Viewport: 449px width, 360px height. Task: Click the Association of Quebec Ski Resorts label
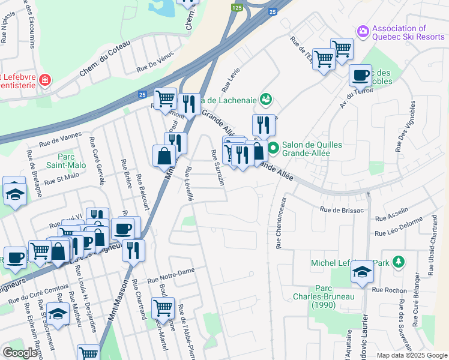(408, 32)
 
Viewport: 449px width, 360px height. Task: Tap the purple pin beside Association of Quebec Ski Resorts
(362, 31)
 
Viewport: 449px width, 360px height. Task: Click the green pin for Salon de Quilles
(273, 147)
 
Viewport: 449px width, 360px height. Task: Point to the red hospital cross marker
(44, 80)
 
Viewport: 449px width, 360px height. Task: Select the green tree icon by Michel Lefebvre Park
(398, 262)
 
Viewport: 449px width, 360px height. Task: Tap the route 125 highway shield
(237, 7)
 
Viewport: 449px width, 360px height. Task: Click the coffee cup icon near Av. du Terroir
(360, 75)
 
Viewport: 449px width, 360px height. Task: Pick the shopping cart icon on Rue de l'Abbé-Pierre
(163, 308)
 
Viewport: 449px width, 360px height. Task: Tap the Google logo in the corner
(20, 353)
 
